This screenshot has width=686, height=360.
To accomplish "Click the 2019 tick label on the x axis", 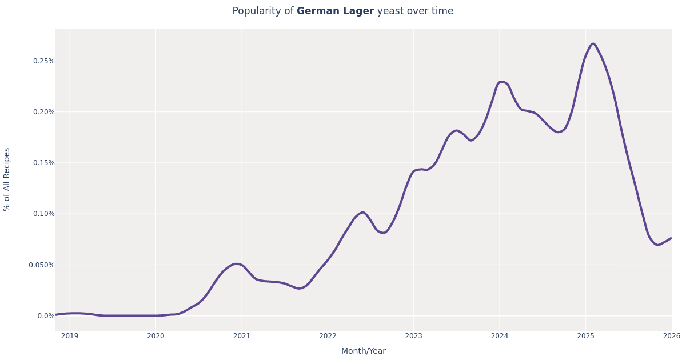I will click(70, 336).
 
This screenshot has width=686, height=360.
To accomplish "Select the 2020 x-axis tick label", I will click(155, 336).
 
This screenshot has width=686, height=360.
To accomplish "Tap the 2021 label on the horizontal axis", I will click(242, 336).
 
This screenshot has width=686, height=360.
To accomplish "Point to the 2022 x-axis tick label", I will click(328, 336).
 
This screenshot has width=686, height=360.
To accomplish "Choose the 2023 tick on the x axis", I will click(413, 336).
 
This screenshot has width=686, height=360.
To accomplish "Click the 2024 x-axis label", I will click(500, 336).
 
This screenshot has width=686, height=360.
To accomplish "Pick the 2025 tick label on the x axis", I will click(585, 336).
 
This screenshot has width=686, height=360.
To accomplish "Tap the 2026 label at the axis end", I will click(671, 336).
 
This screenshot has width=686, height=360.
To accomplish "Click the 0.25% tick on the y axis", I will click(43, 61).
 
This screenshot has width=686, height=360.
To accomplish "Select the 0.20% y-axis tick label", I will click(43, 112).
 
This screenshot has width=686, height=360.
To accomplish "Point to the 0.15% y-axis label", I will click(43, 163).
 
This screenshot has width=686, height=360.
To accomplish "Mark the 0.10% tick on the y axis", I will click(43, 214).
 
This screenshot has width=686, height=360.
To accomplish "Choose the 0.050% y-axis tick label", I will click(42, 265).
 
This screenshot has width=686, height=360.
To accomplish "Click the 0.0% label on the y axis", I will click(46, 316).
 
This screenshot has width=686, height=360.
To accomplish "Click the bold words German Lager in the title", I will click(335, 11).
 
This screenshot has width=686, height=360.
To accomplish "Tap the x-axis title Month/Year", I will click(364, 351).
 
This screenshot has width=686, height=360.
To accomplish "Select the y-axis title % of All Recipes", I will click(7, 179).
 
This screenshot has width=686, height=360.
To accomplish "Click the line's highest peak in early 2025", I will click(593, 44).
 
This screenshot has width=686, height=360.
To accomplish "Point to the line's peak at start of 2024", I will click(501, 82).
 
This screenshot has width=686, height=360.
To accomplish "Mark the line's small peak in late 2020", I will click(237, 264).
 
